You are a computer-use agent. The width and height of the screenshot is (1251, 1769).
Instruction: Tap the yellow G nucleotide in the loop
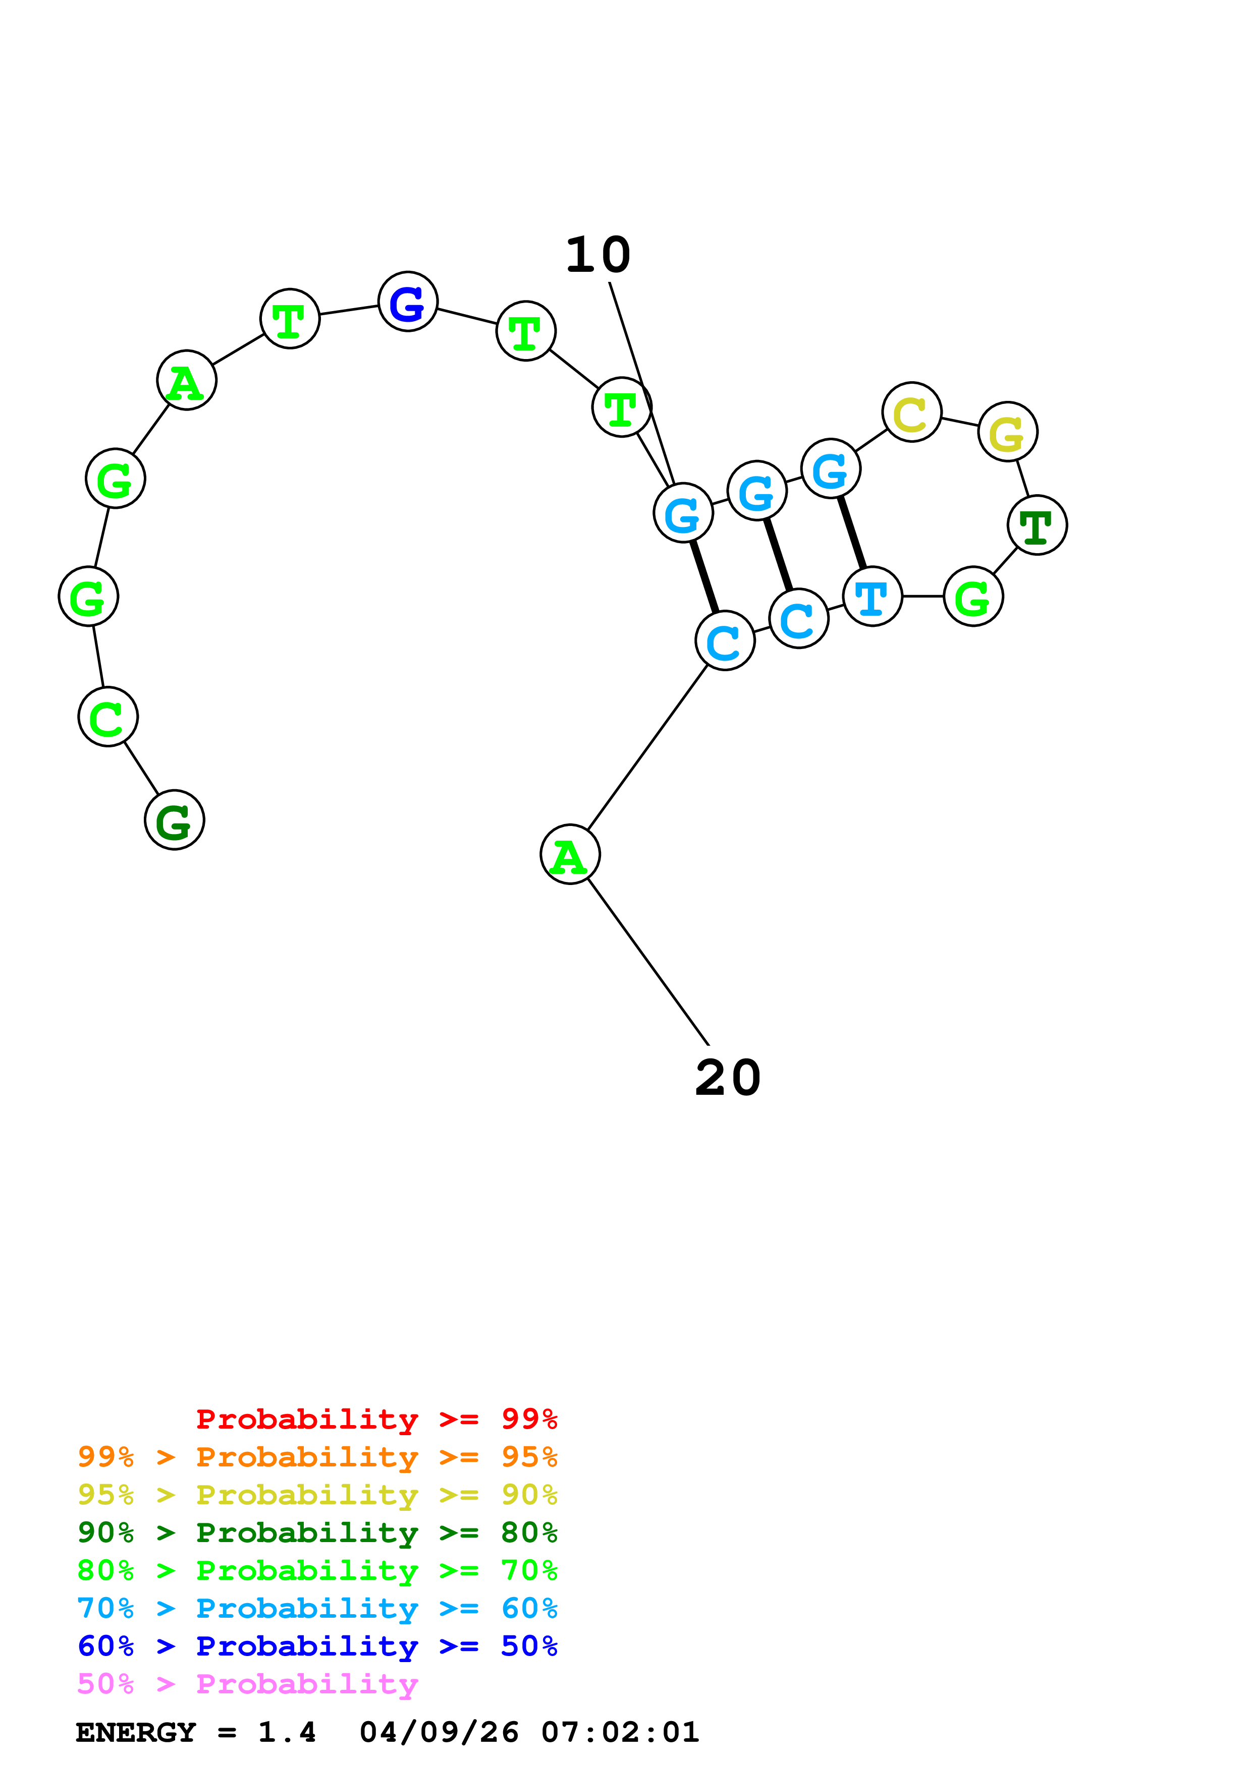[1007, 432]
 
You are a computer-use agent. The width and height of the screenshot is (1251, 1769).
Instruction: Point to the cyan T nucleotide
[872, 597]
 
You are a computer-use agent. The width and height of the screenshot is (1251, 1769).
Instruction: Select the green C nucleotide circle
[108, 717]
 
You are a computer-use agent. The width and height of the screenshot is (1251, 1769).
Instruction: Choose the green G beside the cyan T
[973, 597]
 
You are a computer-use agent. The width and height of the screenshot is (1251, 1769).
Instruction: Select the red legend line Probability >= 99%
[376, 1419]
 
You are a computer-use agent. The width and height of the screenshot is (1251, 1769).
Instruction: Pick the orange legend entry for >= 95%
[317, 1457]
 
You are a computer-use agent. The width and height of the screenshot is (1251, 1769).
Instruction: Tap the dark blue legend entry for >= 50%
[317, 1646]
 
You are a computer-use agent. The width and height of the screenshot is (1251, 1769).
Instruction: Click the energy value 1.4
[287, 1732]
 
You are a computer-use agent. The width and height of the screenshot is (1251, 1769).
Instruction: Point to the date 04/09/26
[439, 1732]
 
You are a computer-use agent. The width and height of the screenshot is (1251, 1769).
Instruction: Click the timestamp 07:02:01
[620, 1732]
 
